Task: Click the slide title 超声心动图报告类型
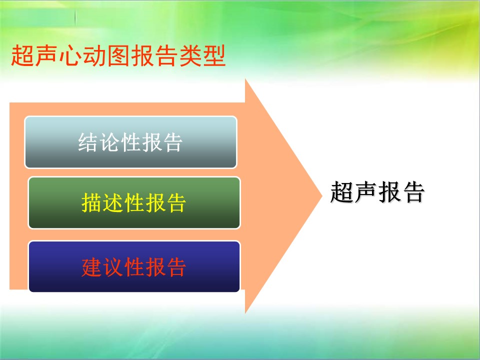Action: click(x=118, y=55)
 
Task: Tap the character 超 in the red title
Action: click(x=22, y=55)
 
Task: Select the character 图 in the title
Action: click(x=118, y=55)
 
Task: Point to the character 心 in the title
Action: click(x=70, y=55)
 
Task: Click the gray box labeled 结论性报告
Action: click(x=130, y=142)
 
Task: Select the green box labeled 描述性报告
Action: click(x=134, y=202)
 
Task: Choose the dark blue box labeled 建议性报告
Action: click(x=134, y=266)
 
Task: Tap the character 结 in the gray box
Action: click(x=88, y=142)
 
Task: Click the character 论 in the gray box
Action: click(x=109, y=142)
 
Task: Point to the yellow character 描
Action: click(x=91, y=202)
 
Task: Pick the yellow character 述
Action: click(x=112, y=202)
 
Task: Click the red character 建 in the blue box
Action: click(x=91, y=267)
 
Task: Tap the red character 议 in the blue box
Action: click(x=112, y=267)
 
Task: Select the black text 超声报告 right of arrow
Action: click(x=377, y=192)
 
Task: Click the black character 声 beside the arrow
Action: click(x=365, y=192)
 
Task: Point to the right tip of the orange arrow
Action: click(x=322, y=195)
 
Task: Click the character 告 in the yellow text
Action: click(x=175, y=202)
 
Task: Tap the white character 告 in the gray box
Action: click(x=172, y=142)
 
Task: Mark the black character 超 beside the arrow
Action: click(x=341, y=192)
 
